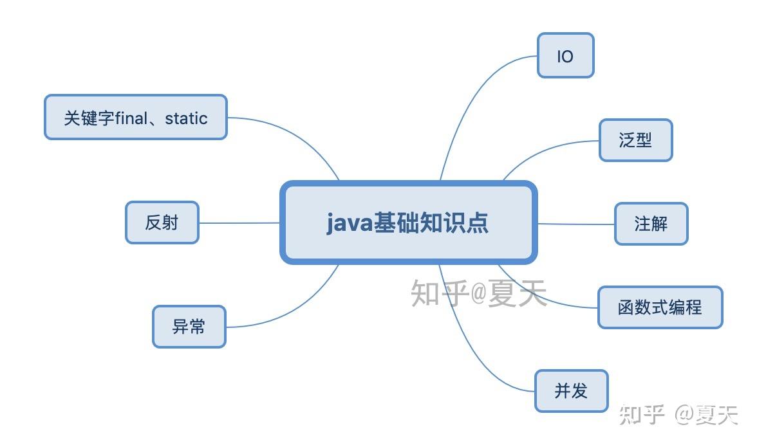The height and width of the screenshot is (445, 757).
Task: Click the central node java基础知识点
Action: pyautogui.click(x=408, y=222)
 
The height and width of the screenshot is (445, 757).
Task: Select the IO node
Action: pyautogui.click(x=565, y=56)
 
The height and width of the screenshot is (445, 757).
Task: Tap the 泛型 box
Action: pyautogui.click(x=635, y=140)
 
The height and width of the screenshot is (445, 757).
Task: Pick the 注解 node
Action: pyautogui.click(x=651, y=224)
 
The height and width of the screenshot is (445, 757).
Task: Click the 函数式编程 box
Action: pyautogui.click(x=660, y=307)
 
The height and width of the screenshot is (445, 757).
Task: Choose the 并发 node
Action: pyautogui.click(x=571, y=390)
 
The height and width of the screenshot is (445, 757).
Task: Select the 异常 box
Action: pyautogui.click(x=189, y=327)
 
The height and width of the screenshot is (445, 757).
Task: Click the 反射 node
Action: pyautogui.click(x=162, y=222)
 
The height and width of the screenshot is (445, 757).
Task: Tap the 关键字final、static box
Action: pyautogui.click(x=135, y=118)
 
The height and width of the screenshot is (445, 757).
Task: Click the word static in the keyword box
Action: pyautogui.click(x=186, y=118)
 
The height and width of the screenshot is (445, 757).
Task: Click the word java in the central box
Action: pyautogui.click(x=348, y=223)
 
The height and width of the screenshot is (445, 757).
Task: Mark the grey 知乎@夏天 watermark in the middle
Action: pyautogui.click(x=479, y=293)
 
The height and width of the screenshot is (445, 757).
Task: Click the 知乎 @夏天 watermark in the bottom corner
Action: pyautogui.click(x=678, y=415)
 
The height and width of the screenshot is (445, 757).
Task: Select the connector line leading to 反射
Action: pyautogui.click(x=239, y=223)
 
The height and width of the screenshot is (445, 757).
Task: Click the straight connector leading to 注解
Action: pyautogui.click(x=575, y=224)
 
